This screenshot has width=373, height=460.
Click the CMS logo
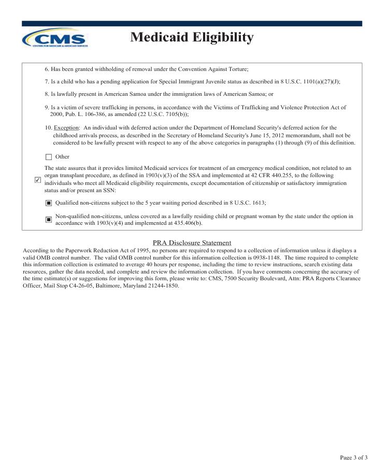tap(55, 38)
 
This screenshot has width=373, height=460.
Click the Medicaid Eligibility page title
tap(192, 37)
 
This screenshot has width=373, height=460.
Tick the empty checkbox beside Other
tap(49, 157)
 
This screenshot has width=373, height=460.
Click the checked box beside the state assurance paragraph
tap(37, 180)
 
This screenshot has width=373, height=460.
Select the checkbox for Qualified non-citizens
tap(49, 203)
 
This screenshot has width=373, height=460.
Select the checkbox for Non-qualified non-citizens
tap(49, 220)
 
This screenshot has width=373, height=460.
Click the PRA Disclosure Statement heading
tap(192, 243)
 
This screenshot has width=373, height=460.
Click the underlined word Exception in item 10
tap(66, 127)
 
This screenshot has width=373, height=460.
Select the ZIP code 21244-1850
tap(163, 285)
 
